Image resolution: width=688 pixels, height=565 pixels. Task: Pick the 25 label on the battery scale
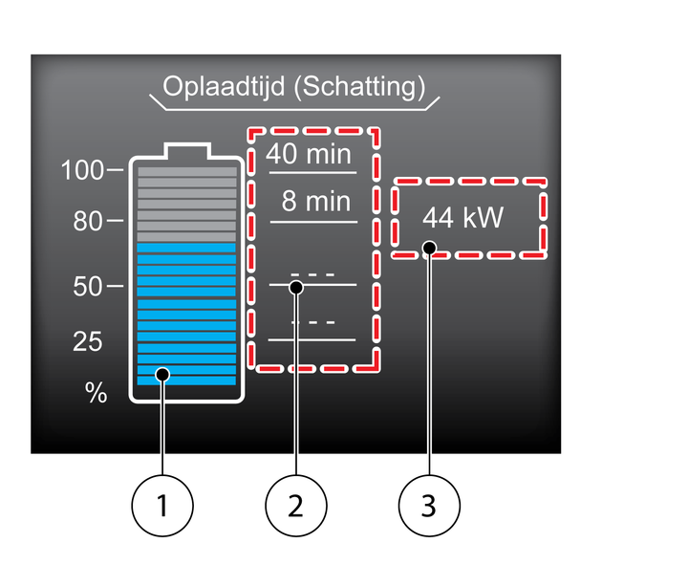click(87, 342)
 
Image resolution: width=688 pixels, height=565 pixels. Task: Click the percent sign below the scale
click(96, 394)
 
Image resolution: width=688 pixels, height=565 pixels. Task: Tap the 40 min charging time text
click(310, 154)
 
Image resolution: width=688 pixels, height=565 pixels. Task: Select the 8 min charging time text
click(316, 203)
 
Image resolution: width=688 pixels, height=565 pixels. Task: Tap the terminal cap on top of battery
click(186, 151)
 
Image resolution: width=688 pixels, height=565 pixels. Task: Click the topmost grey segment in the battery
click(186, 173)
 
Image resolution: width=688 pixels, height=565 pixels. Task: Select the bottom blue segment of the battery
click(186, 380)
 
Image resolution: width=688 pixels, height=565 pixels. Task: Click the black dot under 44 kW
click(429, 249)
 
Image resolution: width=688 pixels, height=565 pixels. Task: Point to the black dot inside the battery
click(163, 374)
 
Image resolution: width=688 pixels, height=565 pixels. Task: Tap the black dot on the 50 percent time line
click(296, 286)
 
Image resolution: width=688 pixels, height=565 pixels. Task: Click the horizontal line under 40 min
click(313, 172)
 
